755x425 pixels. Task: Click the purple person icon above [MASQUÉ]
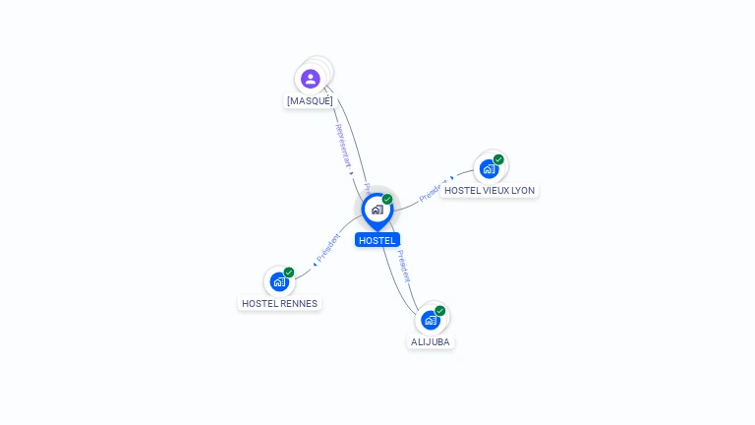[x=311, y=79]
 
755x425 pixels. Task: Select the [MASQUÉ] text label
[x=310, y=101]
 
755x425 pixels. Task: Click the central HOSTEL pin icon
[x=377, y=210]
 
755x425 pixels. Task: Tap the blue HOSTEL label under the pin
[x=377, y=240]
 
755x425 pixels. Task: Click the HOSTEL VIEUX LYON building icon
[x=489, y=168]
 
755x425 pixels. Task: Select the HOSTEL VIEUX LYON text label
[x=490, y=190]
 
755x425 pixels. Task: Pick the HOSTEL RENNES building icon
[x=279, y=282]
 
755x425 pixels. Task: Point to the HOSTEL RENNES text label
[x=280, y=304]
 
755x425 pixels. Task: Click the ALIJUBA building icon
[x=431, y=320]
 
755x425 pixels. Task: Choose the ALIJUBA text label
[x=431, y=341]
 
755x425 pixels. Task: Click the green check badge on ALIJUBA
[x=440, y=311]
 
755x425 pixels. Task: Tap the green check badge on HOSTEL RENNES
[x=289, y=273]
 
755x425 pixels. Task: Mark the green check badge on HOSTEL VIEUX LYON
[x=498, y=159]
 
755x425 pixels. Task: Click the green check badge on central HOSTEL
[x=387, y=200]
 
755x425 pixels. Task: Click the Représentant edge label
[x=341, y=144]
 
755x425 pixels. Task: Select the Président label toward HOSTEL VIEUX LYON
[x=433, y=191]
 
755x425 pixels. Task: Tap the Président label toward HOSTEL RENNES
[x=329, y=248]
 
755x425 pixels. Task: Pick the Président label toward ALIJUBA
[x=403, y=266]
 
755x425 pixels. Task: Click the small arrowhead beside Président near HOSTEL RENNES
[x=315, y=263]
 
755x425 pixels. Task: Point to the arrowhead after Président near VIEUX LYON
[x=452, y=179]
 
